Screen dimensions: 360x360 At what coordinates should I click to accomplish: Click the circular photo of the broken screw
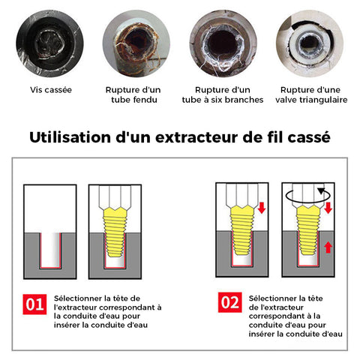(49, 43)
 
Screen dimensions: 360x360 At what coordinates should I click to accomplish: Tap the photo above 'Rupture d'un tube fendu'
(136, 43)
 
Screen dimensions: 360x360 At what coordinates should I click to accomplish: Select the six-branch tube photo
(223, 43)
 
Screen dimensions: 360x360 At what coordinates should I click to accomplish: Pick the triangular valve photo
(310, 43)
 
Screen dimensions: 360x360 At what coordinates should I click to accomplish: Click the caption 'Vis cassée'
(51, 90)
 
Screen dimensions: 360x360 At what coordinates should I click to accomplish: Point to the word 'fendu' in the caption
(145, 100)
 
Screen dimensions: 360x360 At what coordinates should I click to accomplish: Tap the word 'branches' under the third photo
(244, 100)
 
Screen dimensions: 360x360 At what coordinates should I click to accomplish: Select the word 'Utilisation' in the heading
(70, 137)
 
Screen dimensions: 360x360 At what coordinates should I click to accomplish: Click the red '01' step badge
(34, 304)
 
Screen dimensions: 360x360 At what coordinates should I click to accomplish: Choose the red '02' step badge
(229, 302)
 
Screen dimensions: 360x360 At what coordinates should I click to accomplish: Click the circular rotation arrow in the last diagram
(308, 196)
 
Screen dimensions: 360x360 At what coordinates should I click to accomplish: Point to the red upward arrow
(328, 248)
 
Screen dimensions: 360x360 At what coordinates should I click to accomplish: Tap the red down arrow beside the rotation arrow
(328, 208)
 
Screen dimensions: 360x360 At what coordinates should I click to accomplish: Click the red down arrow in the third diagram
(262, 208)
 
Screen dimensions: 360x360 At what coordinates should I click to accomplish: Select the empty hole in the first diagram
(50, 250)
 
